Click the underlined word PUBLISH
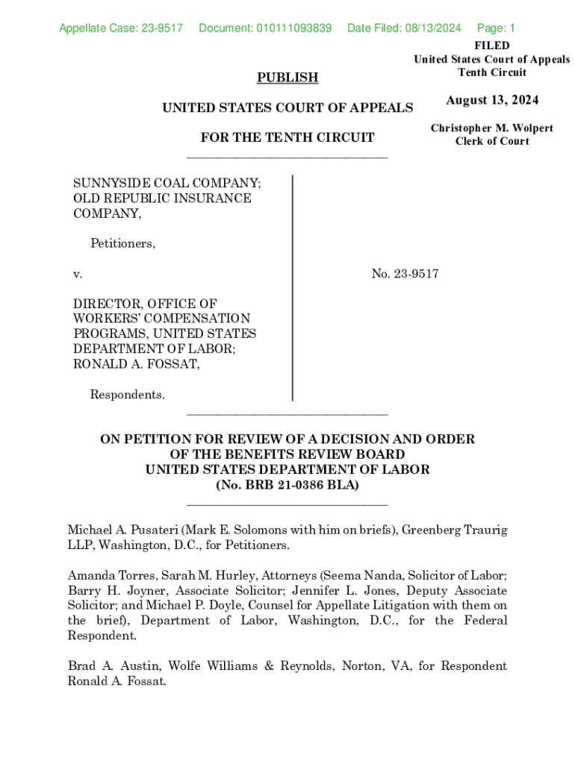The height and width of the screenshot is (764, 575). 287,78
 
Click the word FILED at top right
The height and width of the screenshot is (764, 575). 492,46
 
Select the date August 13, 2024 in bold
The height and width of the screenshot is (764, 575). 492,101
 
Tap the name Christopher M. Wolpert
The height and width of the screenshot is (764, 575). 492,128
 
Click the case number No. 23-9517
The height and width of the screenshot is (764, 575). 405,274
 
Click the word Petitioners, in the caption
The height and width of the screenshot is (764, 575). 123,243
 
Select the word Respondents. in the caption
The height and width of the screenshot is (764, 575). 128,395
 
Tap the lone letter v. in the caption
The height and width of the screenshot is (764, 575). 77,275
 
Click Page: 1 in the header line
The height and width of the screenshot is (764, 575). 496,28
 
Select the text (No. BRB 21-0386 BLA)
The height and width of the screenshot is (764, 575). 287,485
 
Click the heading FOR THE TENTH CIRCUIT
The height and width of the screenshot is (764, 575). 287,138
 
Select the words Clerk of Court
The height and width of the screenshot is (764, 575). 492,142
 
